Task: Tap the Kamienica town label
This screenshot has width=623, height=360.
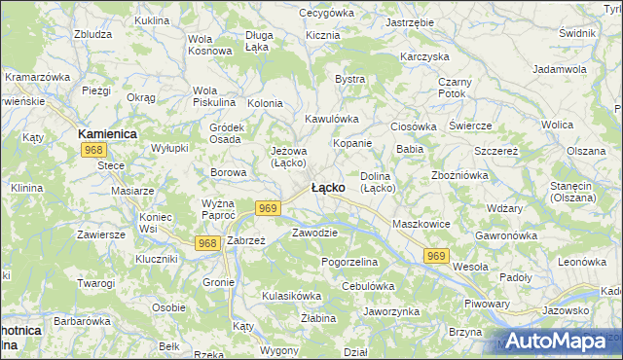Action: [x=107, y=132]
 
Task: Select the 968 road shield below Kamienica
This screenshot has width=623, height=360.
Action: [x=94, y=150]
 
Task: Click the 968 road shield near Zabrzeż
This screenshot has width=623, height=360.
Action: [x=206, y=242]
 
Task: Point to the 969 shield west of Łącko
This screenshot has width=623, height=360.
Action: [x=270, y=208]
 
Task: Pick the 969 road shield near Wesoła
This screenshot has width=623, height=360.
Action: [x=437, y=255]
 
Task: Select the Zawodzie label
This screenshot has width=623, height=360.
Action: [x=314, y=233]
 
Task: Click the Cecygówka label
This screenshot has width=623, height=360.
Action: [x=326, y=13]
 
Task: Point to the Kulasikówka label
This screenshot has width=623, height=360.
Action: [x=291, y=295]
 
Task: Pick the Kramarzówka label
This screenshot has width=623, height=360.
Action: [x=40, y=76]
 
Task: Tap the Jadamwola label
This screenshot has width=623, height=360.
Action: [x=560, y=70]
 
